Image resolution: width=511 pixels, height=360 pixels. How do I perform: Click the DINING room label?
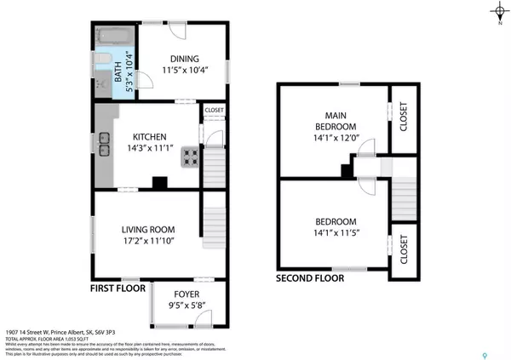click(x=184, y=59)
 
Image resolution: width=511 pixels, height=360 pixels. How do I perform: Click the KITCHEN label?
click(x=154, y=137)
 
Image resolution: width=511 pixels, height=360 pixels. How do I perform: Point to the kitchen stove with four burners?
click(x=191, y=157)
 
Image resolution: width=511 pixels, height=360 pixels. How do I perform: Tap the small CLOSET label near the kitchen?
click(x=213, y=110)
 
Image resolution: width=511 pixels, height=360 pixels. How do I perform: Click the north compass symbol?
click(x=498, y=11)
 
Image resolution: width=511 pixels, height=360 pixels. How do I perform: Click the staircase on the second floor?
click(x=403, y=197)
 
